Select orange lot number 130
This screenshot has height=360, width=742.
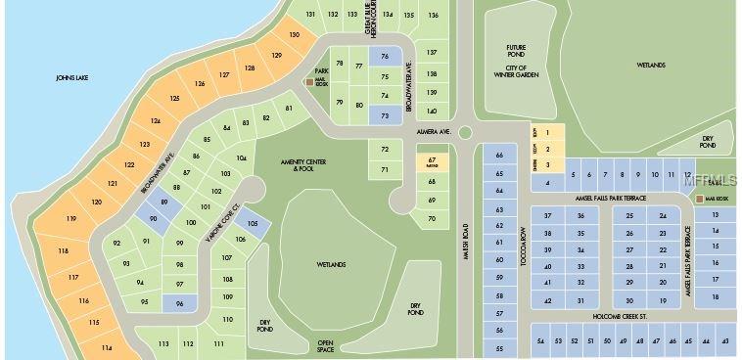coord(294,35)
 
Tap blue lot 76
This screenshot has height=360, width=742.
coord(385,57)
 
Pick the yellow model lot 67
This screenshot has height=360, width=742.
coord(432,161)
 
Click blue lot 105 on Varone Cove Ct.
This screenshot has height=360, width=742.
coord(253,223)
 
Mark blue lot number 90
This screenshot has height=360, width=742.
coord(153,218)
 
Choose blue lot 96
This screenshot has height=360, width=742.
coord(180,304)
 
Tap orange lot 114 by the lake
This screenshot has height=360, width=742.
coord(106,346)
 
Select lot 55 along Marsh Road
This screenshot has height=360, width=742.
coord(499,348)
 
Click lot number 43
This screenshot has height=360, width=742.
coord(725,340)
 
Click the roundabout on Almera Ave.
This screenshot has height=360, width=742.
coord(465,132)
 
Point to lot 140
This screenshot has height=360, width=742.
coord(432,112)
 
